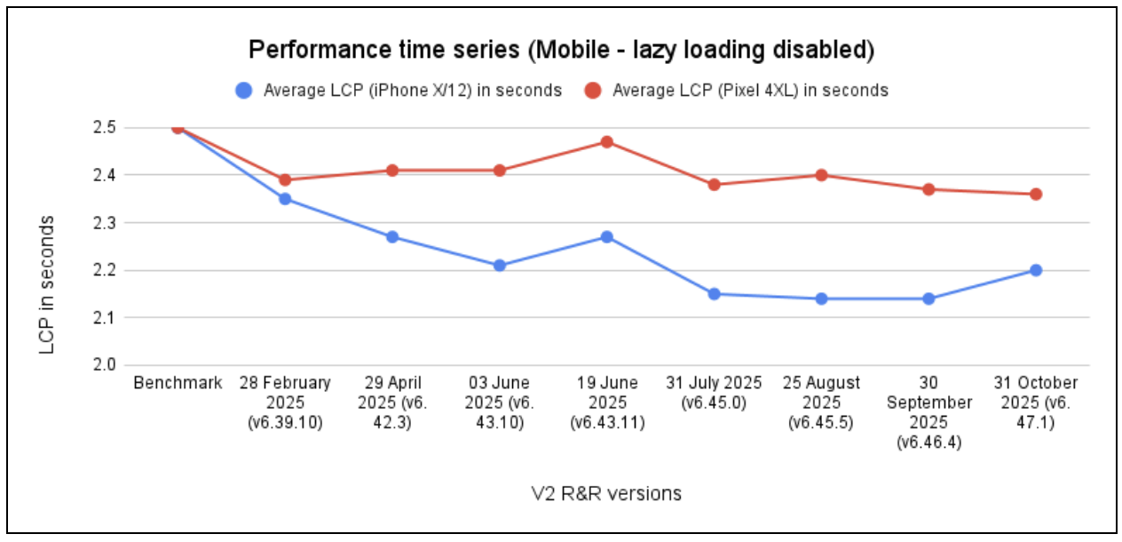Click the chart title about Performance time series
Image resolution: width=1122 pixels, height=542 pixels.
tap(561, 51)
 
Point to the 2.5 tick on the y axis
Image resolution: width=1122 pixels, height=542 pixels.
tap(105, 128)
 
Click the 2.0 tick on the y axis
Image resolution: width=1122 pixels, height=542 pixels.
tap(105, 364)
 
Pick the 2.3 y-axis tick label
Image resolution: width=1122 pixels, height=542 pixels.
tap(105, 222)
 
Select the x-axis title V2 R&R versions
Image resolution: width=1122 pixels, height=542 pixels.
tap(606, 493)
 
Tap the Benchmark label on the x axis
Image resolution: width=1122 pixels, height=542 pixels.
tap(178, 383)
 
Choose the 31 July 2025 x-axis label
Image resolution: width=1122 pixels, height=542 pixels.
tap(714, 393)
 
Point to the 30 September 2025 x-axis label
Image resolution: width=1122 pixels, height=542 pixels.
tap(928, 412)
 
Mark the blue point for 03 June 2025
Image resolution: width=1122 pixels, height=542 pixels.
tap(500, 265)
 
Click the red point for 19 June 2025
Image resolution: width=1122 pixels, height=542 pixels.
tap(607, 142)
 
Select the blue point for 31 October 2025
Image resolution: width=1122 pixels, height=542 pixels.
tap(1035, 270)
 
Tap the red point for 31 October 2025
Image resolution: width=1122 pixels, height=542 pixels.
tap(1035, 194)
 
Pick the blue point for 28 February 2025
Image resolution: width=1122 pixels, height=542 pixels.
tap(285, 199)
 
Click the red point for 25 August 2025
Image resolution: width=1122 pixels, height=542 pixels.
tap(821, 175)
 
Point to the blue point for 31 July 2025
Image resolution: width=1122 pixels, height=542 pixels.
tap(714, 293)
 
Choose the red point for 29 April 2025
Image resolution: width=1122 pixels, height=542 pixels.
tap(392, 171)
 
